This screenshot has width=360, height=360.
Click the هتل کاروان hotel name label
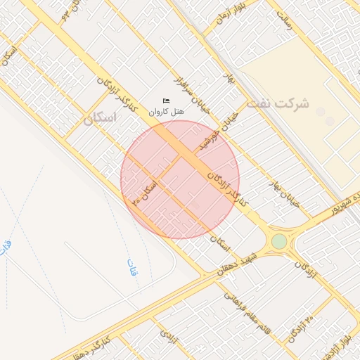[x=167, y=112]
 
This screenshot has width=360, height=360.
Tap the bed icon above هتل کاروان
[x=166, y=101]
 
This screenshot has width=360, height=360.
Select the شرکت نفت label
[x=282, y=103]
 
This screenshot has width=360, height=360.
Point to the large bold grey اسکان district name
[x=100, y=118]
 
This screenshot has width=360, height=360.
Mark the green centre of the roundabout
[x=279, y=241]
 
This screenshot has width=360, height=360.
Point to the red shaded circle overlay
[x=180, y=179]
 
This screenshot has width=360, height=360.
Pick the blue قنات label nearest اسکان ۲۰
[x=131, y=268]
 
